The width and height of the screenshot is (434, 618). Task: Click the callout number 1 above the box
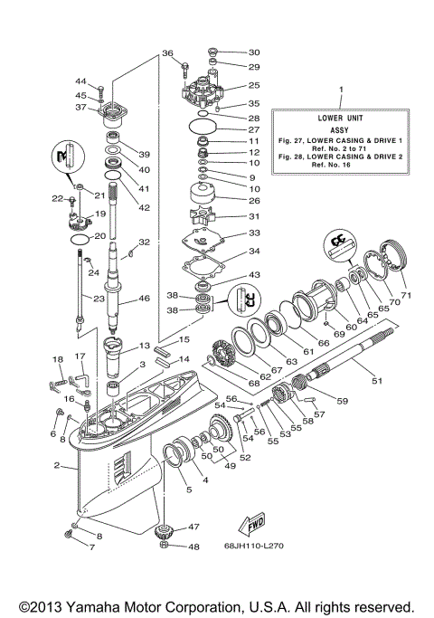click(x=341, y=90)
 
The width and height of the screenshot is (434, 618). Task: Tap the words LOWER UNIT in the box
click(x=341, y=118)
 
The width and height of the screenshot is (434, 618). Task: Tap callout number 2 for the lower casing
click(x=56, y=466)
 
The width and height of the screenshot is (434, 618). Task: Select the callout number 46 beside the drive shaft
click(x=144, y=299)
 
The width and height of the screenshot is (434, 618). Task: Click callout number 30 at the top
click(x=253, y=52)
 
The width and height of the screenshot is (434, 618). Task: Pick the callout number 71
click(x=406, y=296)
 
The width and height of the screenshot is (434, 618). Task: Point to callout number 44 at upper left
click(x=80, y=81)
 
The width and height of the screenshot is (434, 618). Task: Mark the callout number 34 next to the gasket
click(x=254, y=252)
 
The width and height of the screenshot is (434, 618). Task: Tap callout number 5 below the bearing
click(x=188, y=490)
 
